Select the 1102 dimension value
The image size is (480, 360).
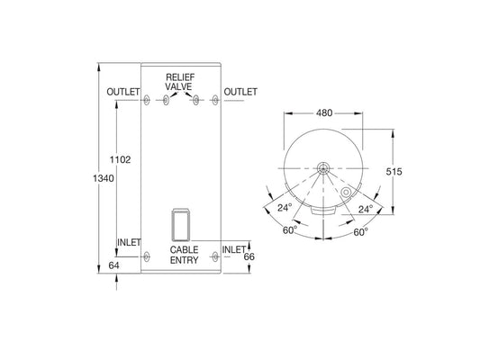(120, 160)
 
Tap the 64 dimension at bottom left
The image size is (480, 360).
(113, 265)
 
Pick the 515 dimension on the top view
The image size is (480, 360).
(394, 172)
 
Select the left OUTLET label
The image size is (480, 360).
(122, 93)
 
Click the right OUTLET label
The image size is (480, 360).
(240, 93)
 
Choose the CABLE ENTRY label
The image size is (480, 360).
(186, 255)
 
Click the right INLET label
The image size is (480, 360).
(234, 248)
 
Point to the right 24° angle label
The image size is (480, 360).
(365, 208)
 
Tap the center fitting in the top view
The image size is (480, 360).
(322, 167)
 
